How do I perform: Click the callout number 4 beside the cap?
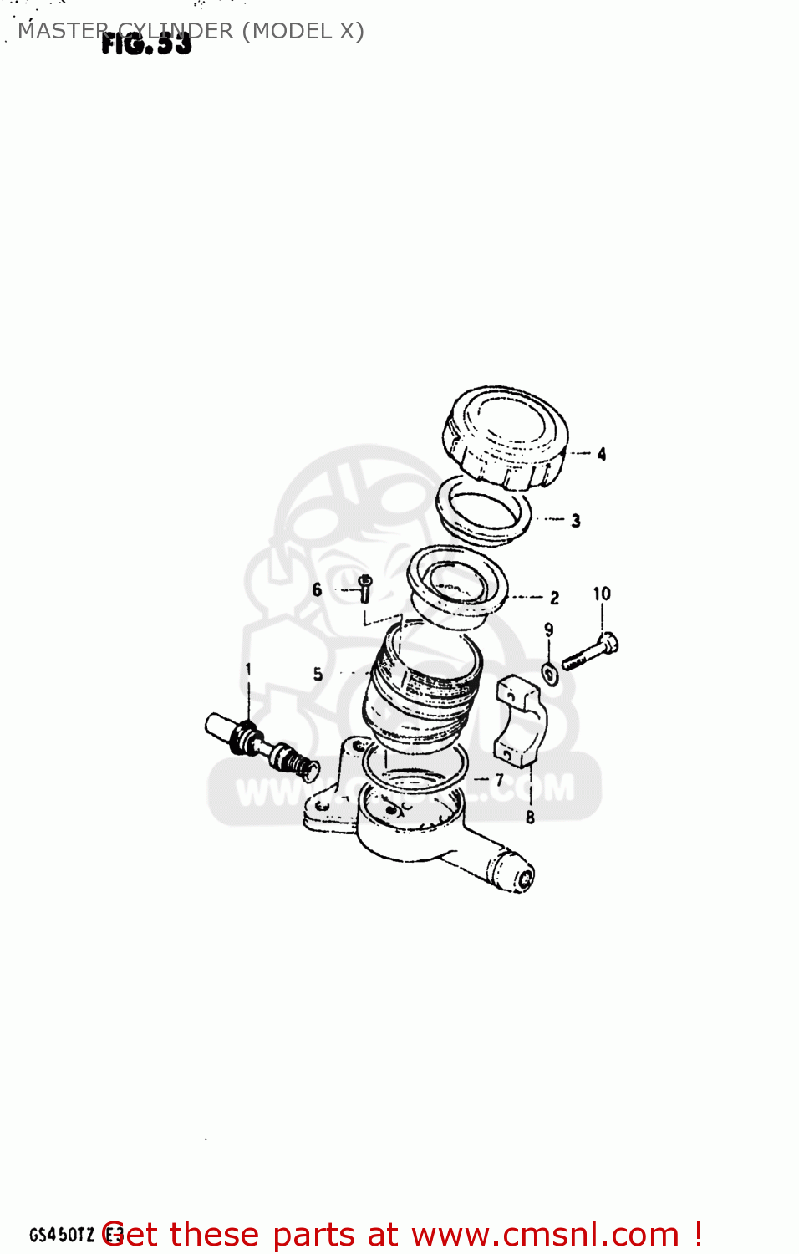coord(602,454)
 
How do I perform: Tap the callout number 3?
coord(576,521)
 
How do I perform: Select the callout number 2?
coord(554,598)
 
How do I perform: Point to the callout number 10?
coord(602,594)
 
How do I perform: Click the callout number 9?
coord(548,630)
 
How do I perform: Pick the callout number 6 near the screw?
coord(317,589)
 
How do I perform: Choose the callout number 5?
coord(318,674)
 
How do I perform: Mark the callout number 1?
coord(248,669)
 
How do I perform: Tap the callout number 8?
coord(530,817)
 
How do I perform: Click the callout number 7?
coord(500,780)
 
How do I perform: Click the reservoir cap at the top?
coord(505,436)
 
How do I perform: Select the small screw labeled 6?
coord(364,588)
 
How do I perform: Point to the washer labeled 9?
coord(549,672)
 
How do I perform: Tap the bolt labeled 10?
coord(591,652)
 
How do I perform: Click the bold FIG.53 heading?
coord(146,44)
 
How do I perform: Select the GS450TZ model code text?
coord(62,1235)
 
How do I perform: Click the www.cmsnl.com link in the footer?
coord(545,1235)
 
